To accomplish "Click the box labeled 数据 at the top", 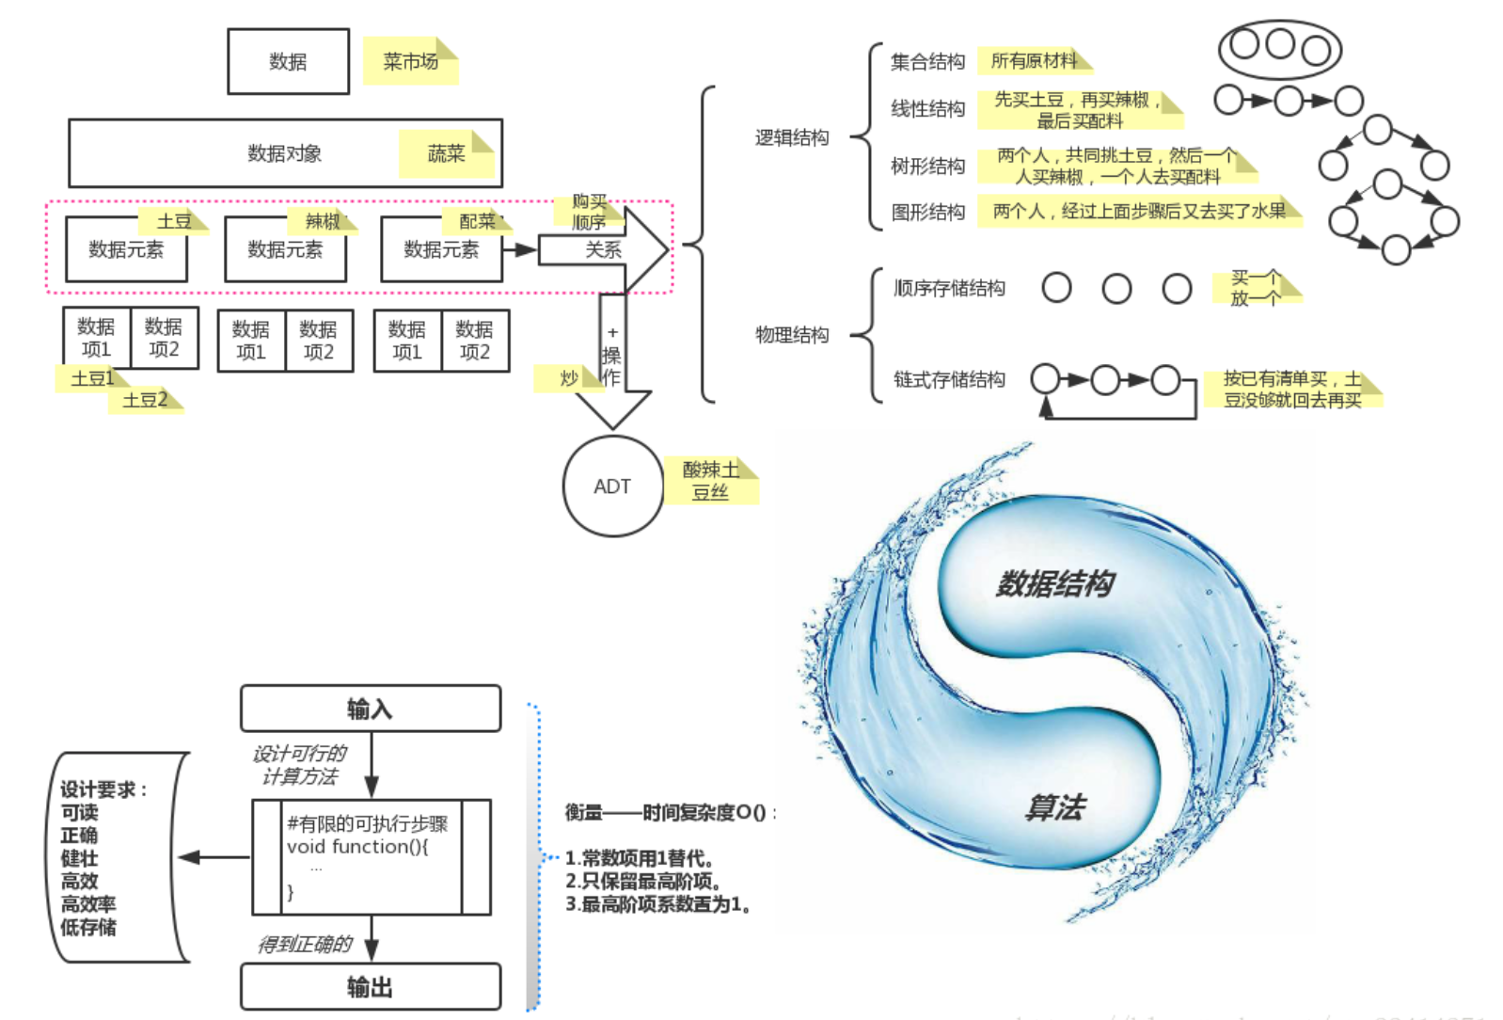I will pos(288,62).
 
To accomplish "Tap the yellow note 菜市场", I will pos(410,62).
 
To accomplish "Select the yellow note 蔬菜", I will pos(446,153).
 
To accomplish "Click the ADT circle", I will pos(612,486).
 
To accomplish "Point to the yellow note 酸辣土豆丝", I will pos(710,481).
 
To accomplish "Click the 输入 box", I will pos(370,709).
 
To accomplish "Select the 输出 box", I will pos(370,987).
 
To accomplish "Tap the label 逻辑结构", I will pos(792,138).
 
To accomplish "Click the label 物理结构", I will pos(792,335).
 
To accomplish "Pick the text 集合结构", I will pos(927,62).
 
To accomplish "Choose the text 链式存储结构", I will pos(949,379).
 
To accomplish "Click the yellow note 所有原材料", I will pos(1034,61).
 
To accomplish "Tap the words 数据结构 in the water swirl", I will pos(1055,583).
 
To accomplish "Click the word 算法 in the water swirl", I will pos(1055,807).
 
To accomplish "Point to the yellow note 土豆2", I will pos(146,400).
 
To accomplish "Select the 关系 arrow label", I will pos(603,250).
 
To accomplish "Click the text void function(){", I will pos(357,846).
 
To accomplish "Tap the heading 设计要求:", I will pos(103,789).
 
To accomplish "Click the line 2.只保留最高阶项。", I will pos(643,882).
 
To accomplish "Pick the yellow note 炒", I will pos(568,378).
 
